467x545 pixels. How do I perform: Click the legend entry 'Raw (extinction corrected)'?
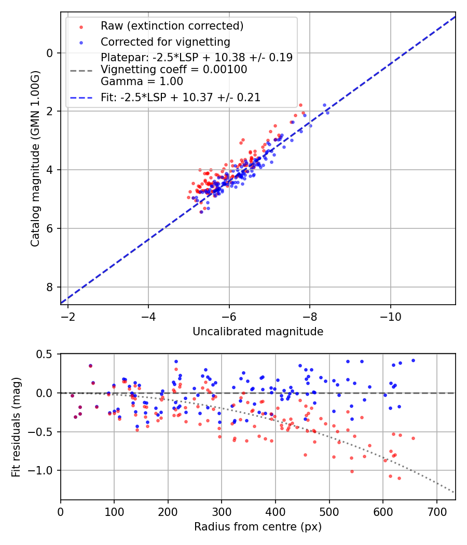pyautogui.click(x=172, y=26)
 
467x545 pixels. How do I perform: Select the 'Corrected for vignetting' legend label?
pyautogui.click(x=165, y=42)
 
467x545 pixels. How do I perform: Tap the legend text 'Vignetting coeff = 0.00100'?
pyautogui.click(x=174, y=70)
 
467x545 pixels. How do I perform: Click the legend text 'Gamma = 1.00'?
pyautogui.click(x=142, y=81)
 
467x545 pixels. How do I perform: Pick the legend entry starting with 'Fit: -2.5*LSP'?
pyautogui.click(x=180, y=97)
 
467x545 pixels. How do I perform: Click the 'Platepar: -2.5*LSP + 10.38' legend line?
pyautogui.click(x=197, y=58)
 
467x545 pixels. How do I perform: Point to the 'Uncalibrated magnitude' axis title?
pyautogui.click(x=258, y=332)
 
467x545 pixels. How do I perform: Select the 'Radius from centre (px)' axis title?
pyautogui.click(x=258, y=527)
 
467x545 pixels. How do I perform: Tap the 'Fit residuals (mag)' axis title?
pyautogui.click(x=16, y=427)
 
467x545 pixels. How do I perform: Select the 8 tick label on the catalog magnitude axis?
pyautogui.click(x=50, y=287)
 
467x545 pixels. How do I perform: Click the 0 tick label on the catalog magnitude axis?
pyautogui.click(x=50, y=53)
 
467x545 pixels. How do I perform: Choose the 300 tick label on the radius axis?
pyautogui.click(x=222, y=511)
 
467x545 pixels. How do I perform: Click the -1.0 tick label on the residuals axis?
pyautogui.click(x=44, y=470)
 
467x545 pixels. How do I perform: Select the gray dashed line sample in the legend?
pyautogui.click(x=81, y=70)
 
